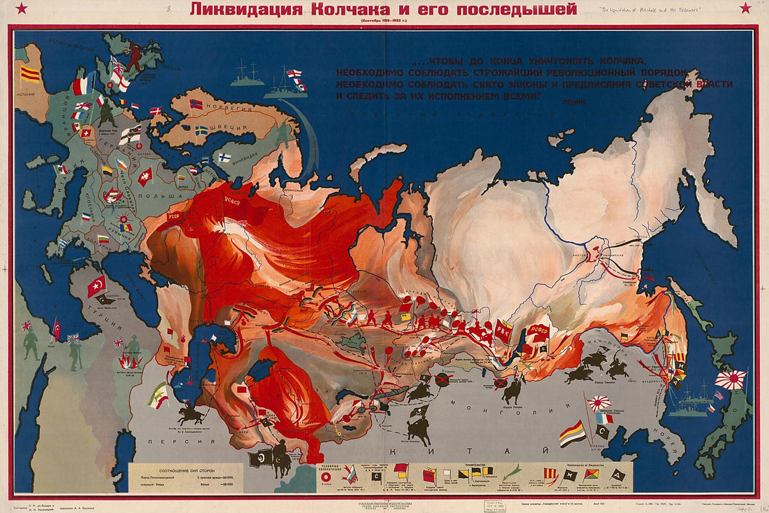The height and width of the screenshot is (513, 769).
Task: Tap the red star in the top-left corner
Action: pyautogui.click(x=20, y=8)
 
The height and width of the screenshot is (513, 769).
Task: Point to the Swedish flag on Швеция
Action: pyautogui.click(x=201, y=130)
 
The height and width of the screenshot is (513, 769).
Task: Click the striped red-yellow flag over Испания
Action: pyautogui.click(x=30, y=73)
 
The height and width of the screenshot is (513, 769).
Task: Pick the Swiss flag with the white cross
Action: pyautogui.click(x=87, y=132)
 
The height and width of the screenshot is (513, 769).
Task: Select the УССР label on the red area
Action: pyautogui.click(x=175, y=217)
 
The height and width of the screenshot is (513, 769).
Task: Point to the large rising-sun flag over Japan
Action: pyautogui.click(x=731, y=380)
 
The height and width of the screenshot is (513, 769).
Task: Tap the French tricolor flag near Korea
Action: pyautogui.click(x=605, y=418)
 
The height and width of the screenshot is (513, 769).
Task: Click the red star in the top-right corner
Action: pyautogui.click(x=746, y=8)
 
